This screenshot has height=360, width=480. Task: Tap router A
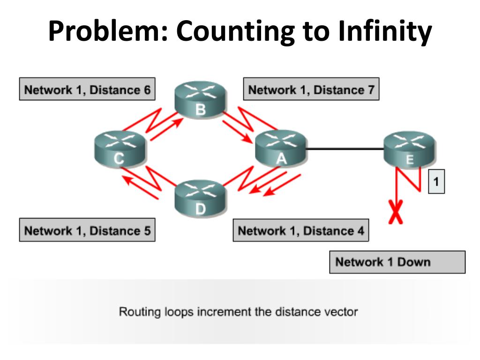(x=280, y=149)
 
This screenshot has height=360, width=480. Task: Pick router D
(x=200, y=197)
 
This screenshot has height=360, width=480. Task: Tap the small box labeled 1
(x=436, y=182)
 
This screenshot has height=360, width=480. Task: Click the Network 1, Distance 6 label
(x=87, y=90)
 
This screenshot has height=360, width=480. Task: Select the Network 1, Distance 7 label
(x=311, y=90)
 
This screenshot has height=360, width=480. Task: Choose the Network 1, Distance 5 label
(x=87, y=231)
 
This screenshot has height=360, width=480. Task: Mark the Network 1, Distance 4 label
(x=301, y=231)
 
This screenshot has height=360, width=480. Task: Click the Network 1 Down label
(x=397, y=262)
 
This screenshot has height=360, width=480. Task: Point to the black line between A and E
(x=345, y=150)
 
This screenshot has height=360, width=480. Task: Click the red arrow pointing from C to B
(x=164, y=128)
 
